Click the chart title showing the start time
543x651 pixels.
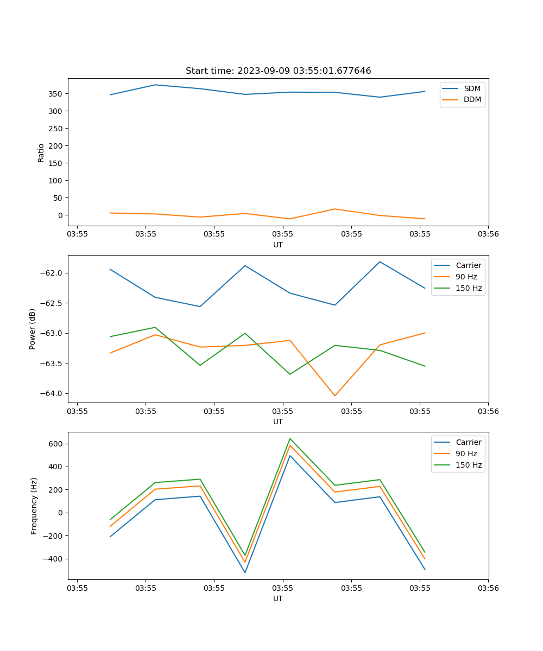[278, 71]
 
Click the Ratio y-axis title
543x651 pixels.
[41, 152]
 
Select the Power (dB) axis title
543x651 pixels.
[33, 329]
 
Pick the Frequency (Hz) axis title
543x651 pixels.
[34, 506]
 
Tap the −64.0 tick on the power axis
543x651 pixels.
[52, 394]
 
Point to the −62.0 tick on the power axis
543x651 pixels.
[52, 273]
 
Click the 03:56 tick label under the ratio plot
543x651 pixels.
[488, 234]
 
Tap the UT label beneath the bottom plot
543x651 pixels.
[278, 598]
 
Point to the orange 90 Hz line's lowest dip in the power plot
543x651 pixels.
[334, 395]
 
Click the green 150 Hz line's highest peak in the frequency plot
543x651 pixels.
[290, 438]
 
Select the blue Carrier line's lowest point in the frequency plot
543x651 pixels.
[245, 572]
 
